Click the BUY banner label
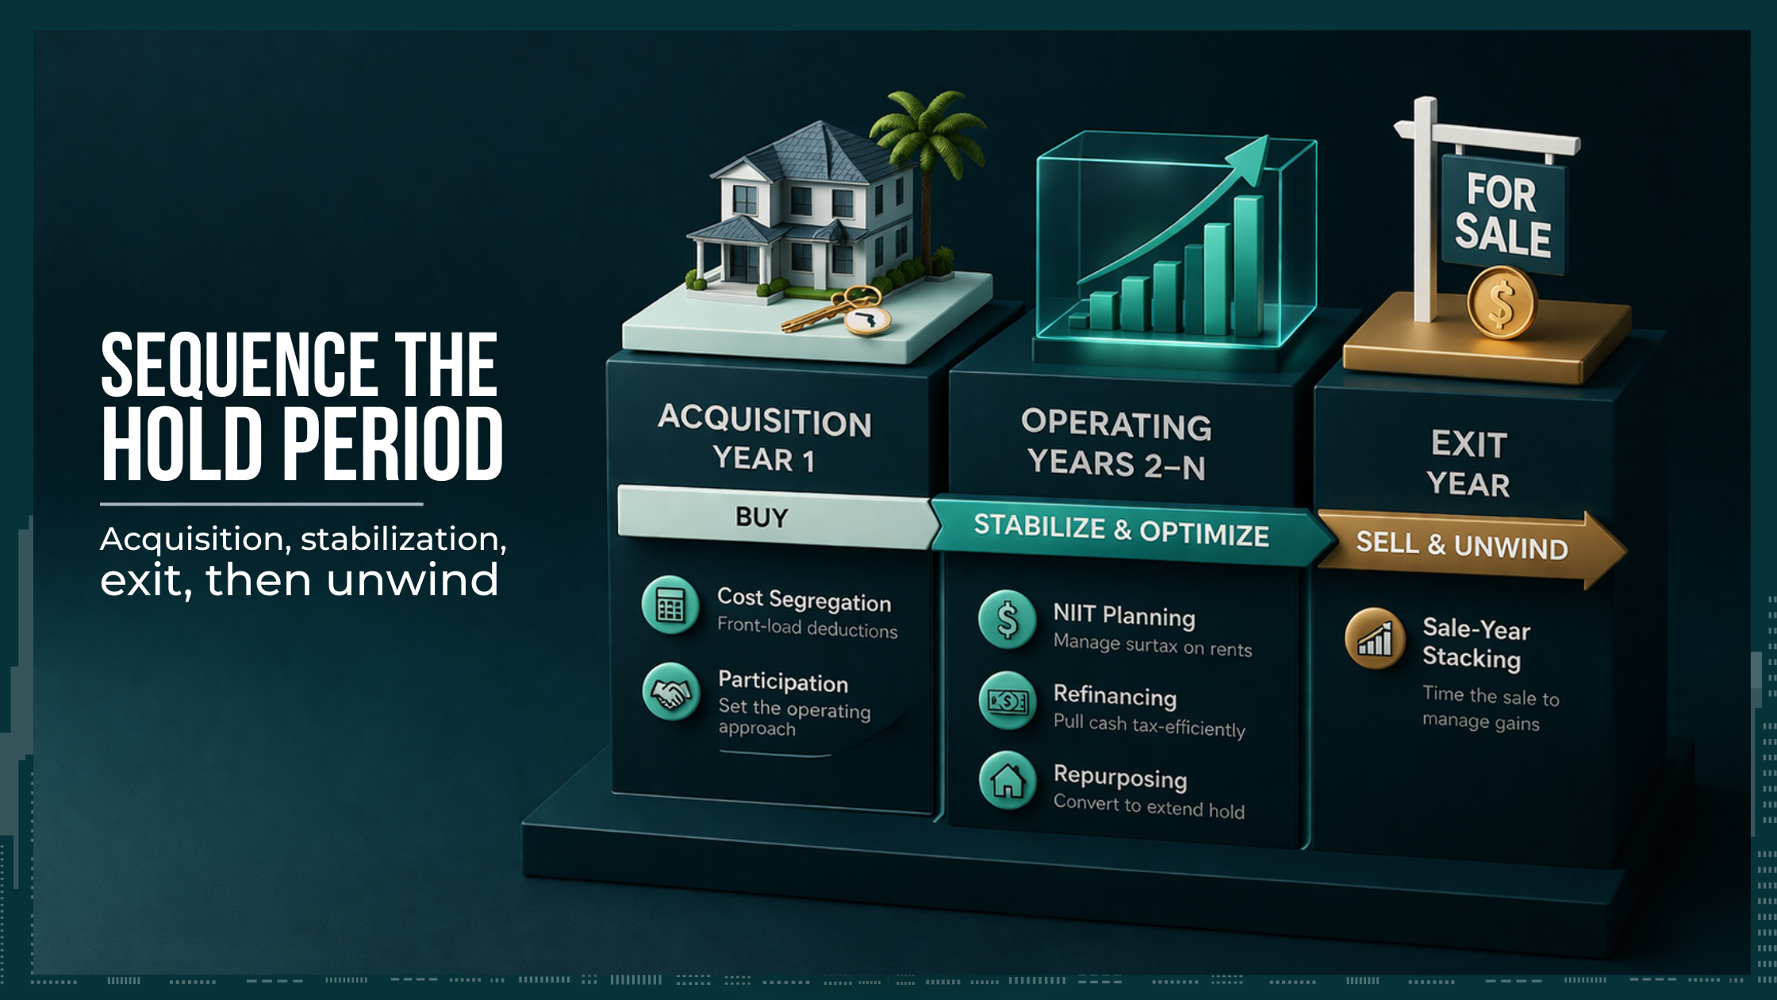pyautogui.click(x=762, y=517)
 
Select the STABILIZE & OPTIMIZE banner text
pyautogui.click(x=1121, y=530)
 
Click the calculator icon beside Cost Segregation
pyautogui.click(x=670, y=606)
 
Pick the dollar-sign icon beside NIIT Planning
pyautogui.click(x=1007, y=620)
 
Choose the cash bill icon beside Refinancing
pyautogui.click(x=1007, y=701)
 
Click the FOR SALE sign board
pyautogui.click(x=1502, y=214)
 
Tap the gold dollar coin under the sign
pyautogui.click(x=1501, y=304)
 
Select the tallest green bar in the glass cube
pyautogui.click(x=1248, y=266)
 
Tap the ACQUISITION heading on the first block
pyautogui.click(x=764, y=420)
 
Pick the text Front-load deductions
pyautogui.click(x=807, y=629)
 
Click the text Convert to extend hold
pyautogui.click(x=1148, y=806)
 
